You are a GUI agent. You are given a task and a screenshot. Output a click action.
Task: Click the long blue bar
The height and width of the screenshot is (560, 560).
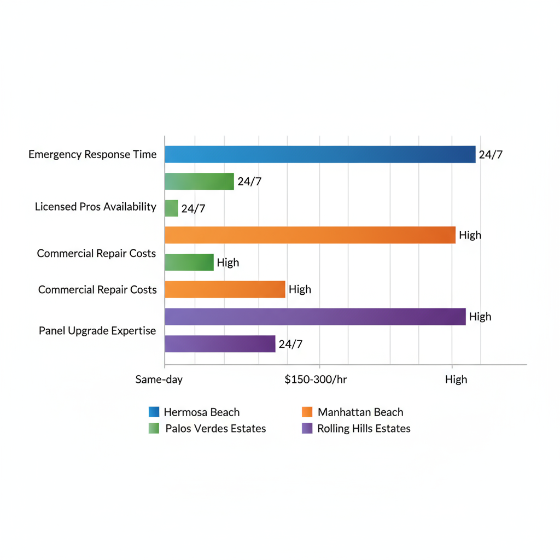[320, 155]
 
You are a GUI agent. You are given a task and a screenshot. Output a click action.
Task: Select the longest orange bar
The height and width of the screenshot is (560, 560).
[310, 235]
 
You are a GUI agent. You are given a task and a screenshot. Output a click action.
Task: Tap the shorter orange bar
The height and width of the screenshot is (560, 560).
[225, 289]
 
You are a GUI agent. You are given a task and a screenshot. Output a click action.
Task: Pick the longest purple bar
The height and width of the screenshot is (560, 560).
[315, 317]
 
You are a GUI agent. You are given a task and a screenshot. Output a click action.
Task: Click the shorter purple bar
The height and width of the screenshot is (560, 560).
[220, 344]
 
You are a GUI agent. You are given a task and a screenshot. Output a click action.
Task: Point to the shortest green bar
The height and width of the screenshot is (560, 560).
[171, 208]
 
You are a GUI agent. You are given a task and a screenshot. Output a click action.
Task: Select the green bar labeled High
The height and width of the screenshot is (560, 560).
[189, 262]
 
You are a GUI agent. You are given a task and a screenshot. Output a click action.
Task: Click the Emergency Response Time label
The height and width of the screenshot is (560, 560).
[92, 155]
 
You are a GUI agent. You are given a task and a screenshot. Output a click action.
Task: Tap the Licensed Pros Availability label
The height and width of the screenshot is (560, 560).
[96, 207]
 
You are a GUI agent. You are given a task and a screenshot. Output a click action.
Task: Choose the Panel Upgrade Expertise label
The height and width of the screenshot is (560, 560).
[97, 331]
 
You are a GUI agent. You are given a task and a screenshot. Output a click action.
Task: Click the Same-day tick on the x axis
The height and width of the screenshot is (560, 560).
[159, 380]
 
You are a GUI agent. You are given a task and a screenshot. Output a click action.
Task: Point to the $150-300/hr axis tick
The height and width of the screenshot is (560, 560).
[316, 380]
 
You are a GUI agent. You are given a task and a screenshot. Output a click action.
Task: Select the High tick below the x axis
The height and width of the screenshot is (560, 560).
[456, 380]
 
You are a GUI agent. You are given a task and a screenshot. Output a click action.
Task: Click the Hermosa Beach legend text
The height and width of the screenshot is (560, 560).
[201, 412]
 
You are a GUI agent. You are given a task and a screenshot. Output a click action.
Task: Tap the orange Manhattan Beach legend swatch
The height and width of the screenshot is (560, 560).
[307, 412]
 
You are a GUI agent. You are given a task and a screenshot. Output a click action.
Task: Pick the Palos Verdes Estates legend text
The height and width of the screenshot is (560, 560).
[215, 429]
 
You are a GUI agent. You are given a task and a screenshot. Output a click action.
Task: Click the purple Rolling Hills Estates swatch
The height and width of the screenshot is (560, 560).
[307, 429]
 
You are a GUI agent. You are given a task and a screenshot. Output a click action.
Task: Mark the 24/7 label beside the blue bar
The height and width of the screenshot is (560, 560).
[491, 155]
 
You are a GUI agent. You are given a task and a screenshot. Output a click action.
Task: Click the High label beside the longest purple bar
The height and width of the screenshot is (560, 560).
[480, 317]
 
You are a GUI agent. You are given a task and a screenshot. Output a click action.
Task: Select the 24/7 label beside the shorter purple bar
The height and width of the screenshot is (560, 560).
[290, 344]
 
